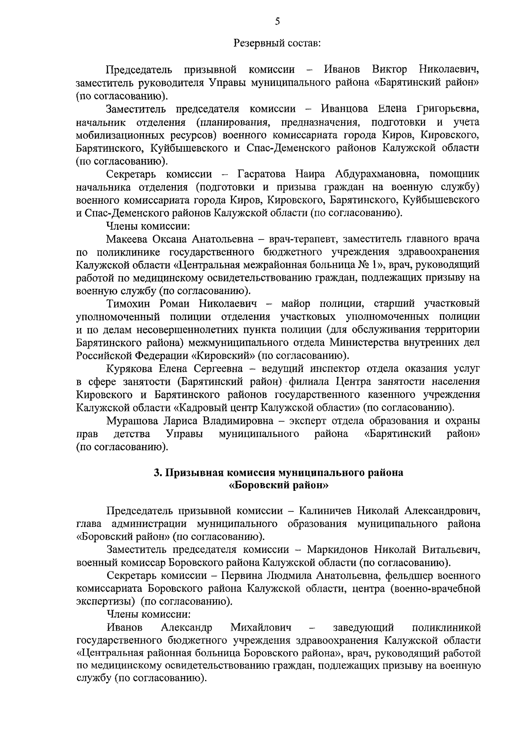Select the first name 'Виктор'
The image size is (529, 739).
click(x=389, y=70)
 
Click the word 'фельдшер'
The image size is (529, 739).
click(x=406, y=576)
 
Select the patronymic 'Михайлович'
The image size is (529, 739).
click(x=261, y=627)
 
